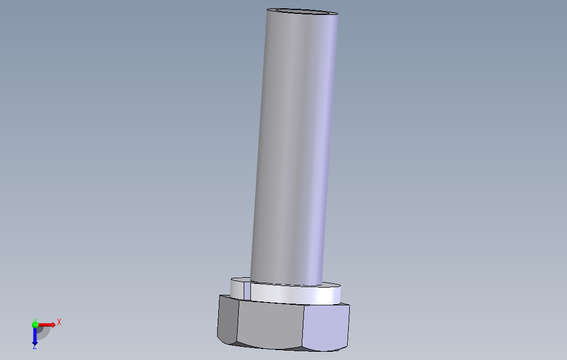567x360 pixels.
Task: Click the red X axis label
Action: (x=59, y=322)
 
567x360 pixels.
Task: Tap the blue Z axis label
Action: (x=35, y=347)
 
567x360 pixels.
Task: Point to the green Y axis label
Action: (x=35, y=321)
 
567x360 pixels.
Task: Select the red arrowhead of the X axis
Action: (x=53, y=325)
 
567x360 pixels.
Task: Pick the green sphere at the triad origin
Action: (x=35, y=325)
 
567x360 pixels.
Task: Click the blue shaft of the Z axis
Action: (x=35, y=333)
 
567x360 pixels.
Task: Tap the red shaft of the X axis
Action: (x=44, y=325)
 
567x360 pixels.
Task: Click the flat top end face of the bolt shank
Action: (x=302, y=12)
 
